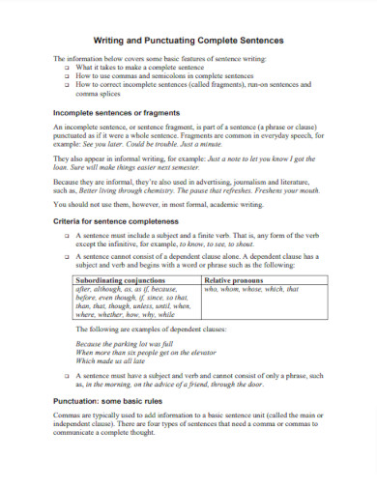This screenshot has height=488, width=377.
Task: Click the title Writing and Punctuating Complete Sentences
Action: pos(188,42)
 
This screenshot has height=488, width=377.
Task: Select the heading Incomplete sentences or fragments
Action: pos(117,112)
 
